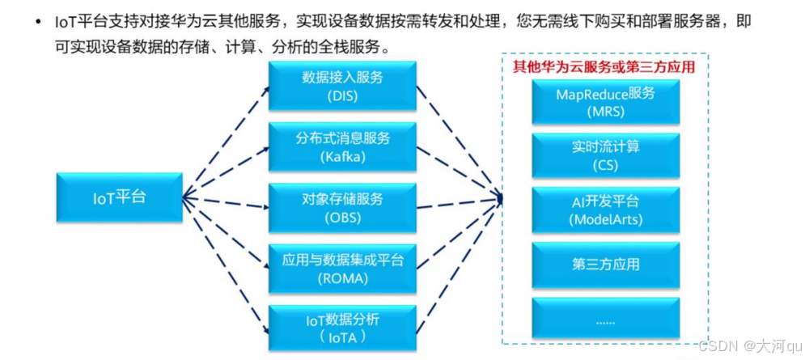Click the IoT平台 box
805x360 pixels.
click(x=118, y=197)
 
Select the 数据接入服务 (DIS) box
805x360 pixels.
click(x=342, y=87)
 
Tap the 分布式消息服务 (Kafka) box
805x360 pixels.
click(x=342, y=146)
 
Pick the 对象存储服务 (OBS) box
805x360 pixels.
click(x=342, y=207)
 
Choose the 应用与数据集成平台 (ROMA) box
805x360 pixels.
click(x=342, y=269)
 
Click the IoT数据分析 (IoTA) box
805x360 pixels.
click(x=342, y=328)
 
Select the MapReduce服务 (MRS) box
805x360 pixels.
click(x=605, y=102)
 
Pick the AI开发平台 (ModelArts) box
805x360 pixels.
click(x=605, y=210)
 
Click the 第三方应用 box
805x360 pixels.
click(x=605, y=264)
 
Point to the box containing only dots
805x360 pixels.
click(x=605, y=319)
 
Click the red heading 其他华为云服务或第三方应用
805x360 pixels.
click(x=604, y=67)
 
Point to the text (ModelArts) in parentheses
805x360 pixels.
click(x=605, y=219)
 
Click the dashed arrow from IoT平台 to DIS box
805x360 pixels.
click(x=227, y=138)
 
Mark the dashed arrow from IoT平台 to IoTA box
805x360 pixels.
click(x=227, y=263)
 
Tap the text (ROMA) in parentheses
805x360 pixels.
click(x=342, y=278)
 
